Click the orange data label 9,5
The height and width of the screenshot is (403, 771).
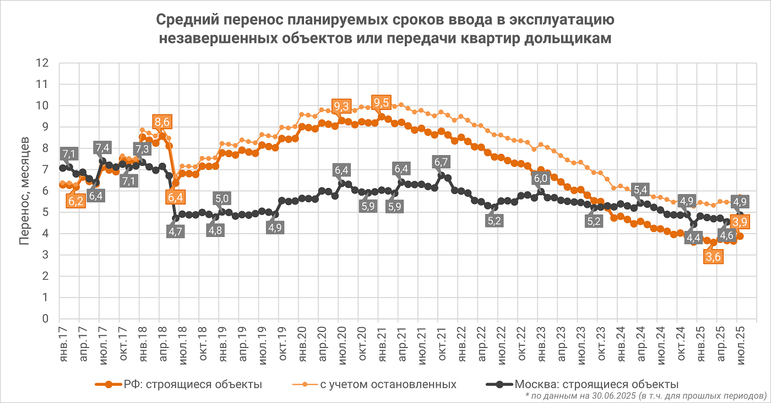(x=381, y=102)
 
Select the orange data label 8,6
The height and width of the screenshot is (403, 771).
(x=162, y=122)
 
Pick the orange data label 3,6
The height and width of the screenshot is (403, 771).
(x=713, y=257)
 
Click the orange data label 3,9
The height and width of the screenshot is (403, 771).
(x=740, y=223)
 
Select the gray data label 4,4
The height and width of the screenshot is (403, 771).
(x=693, y=238)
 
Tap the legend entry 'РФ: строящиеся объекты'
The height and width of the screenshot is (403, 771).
(x=193, y=384)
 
